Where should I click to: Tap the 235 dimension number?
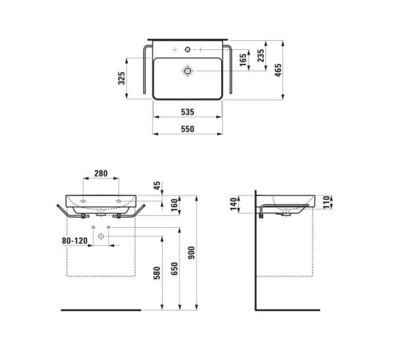262,56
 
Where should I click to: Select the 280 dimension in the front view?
101,174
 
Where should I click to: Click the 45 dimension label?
156,186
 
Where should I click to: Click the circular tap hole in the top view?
188,49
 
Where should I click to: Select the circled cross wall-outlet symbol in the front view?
101,236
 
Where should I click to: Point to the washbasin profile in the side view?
290,203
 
